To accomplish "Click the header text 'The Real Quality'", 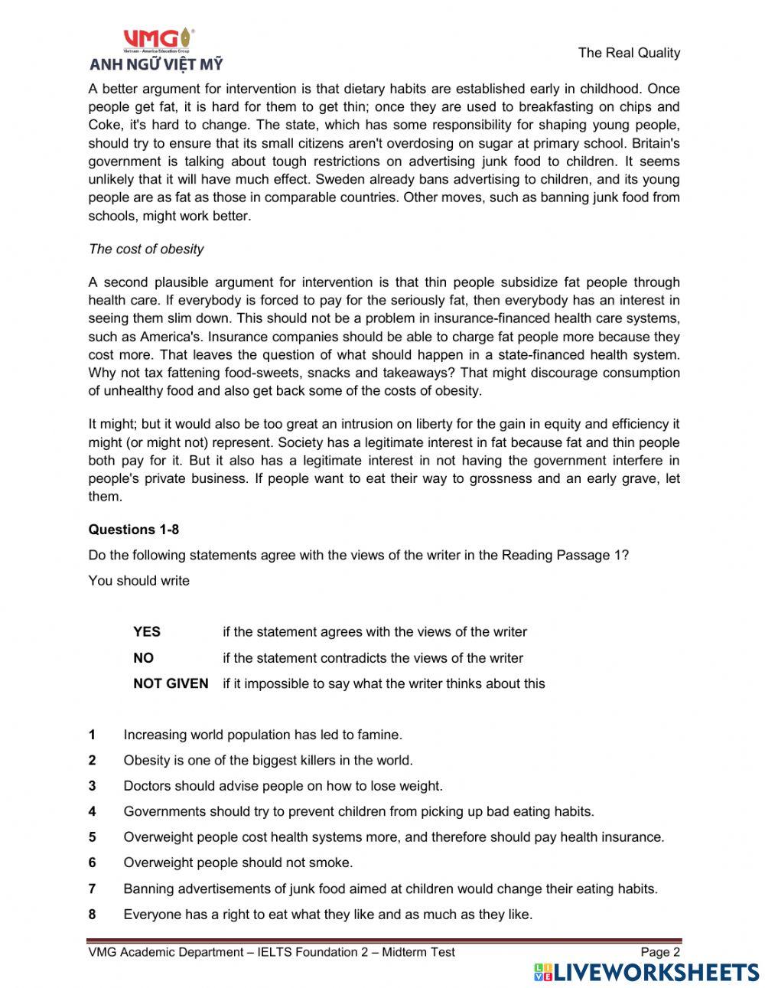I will pyautogui.click(x=629, y=53).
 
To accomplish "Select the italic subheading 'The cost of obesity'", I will pyautogui.click(x=146, y=249).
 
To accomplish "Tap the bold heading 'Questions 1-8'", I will pyautogui.click(x=134, y=530).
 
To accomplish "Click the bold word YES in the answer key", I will pyautogui.click(x=147, y=632).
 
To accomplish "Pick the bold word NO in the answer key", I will pyautogui.click(x=143, y=658).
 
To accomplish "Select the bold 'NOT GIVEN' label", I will pyautogui.click(x=171, y=683).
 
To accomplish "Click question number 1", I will pyautogui.click(x=92, y=735).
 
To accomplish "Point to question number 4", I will pyautogui.click(x=92, y=812).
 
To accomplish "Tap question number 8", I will pyautogui.click(x=92, y=915).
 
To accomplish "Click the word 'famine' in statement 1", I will pyautogui.click(x=380, y=735).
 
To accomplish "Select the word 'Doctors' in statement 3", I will pyautogui.click(x=147, y=786).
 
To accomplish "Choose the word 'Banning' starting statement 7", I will pyautogui.click(x=148, y=889).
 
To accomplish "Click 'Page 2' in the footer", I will pyautogui.click(x=659, y=952).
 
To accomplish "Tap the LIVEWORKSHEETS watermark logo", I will pyautogui.click(x=646, y=972).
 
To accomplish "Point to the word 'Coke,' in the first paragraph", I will pyautogui.click(x=105, y=126).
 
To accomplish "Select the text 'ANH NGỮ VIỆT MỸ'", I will pyautogui.click(x=156, y=64).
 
